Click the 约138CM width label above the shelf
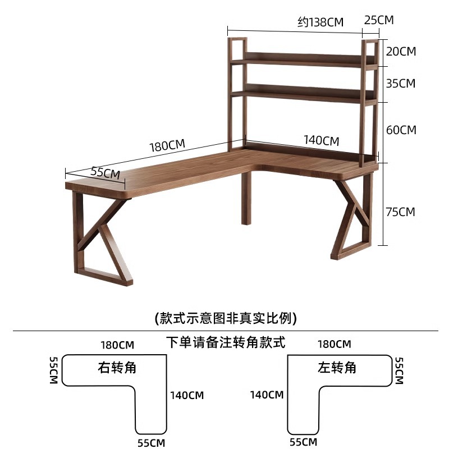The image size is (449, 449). click(320, 22)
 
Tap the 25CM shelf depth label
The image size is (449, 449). click(379, 20)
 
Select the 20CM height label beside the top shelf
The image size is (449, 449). click(401, 51)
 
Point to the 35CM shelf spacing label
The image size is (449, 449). click(401, 83)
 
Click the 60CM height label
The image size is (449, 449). click(401, 130)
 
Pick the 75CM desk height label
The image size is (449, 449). click(401, 212)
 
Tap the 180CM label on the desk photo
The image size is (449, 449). click(167, 145)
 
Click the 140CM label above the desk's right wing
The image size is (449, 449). click(321, 140)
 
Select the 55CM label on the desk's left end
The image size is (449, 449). click(106, 172)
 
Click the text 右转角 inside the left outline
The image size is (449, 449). click(117, 368)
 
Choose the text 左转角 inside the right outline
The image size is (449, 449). click(337, 368)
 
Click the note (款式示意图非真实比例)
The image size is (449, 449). click(225, 318)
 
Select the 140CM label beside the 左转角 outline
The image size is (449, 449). click(267, 395)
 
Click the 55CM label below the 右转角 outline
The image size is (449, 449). click(152, 442)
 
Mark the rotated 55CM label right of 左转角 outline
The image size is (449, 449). click(399, 370)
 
